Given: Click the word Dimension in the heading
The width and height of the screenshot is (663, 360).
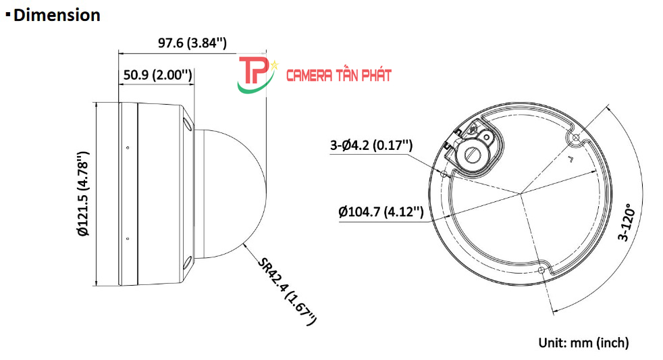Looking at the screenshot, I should click(x=57, y=15).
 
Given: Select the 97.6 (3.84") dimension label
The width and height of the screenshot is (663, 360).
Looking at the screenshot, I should click(x=192, y=43).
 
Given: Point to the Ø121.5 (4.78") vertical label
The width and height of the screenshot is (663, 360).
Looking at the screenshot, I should click(x=83, y=194).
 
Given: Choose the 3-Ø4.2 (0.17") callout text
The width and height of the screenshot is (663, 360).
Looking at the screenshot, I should click(x=371, y=145).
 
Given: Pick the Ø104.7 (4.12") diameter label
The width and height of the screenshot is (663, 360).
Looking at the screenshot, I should click(x=381, y=213).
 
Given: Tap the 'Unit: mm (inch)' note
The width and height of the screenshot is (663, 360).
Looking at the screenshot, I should click(x=583, y=342).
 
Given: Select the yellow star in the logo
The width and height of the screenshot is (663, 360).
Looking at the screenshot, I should click(x=275, y=66).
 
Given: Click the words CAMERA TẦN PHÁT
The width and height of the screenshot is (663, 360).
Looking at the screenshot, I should click(x=339, y=75).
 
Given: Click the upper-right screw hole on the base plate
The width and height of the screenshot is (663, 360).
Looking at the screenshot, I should click(x=575, y=138).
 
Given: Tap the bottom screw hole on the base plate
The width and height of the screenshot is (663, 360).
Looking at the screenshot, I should click(x=542, y=270).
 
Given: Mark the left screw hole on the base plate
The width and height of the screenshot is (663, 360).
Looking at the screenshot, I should click(x=443, y=174).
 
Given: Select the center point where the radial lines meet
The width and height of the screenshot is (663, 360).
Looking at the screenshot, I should click(x=521, y=195).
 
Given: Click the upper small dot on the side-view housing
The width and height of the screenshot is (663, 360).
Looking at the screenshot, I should click(x=128, y=147).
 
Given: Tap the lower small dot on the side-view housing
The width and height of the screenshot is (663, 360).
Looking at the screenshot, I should click(x=128, y=238).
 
